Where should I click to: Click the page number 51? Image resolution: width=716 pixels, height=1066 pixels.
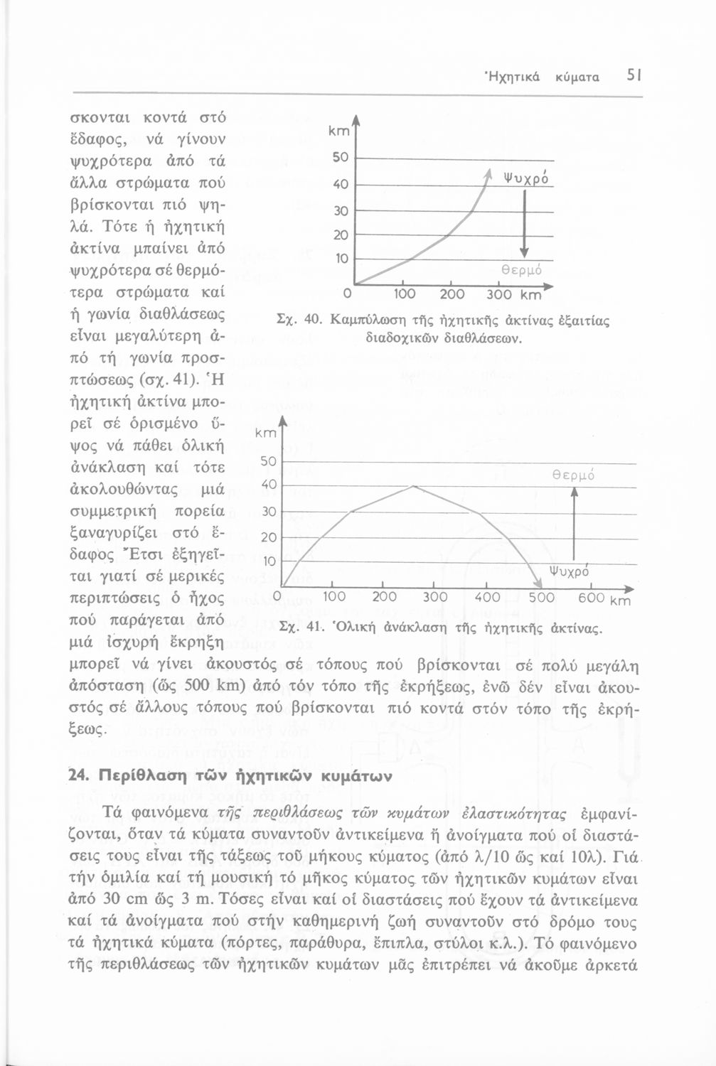click(634, 75)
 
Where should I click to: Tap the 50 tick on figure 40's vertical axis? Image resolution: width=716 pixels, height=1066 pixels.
click(341, 157)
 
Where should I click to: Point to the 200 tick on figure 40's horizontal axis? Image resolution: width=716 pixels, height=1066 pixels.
click(452, 294)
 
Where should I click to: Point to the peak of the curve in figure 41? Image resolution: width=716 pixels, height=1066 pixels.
click(413, 486)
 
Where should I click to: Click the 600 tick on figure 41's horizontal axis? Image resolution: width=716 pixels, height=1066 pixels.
click(591, 598)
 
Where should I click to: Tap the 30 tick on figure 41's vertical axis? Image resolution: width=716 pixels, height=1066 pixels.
click(269, 512)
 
